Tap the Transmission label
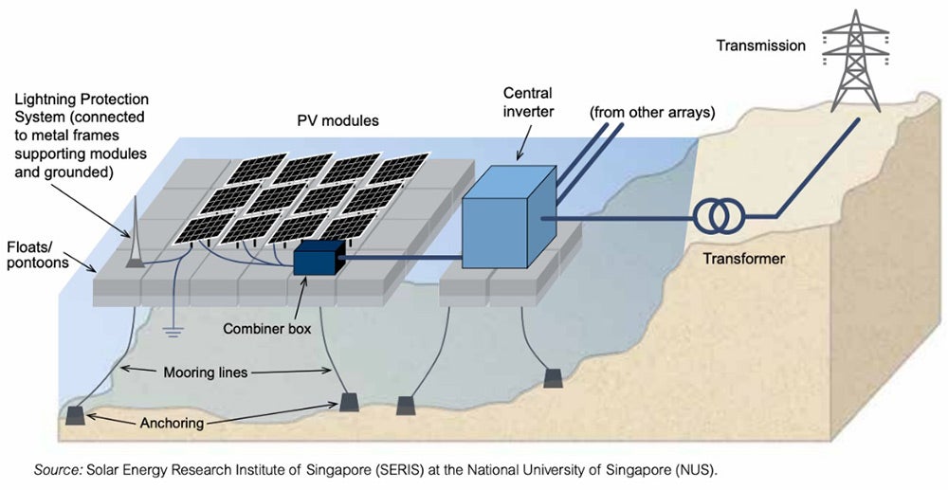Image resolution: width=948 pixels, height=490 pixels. point(760,45)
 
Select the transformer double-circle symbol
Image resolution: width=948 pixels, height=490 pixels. point(717,217)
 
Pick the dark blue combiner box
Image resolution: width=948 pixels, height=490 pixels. point(317,258)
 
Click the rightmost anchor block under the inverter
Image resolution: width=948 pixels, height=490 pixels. point(553,379)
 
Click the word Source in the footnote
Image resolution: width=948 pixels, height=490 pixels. point(56,469)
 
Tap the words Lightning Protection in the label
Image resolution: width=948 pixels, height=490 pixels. point(82,99)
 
